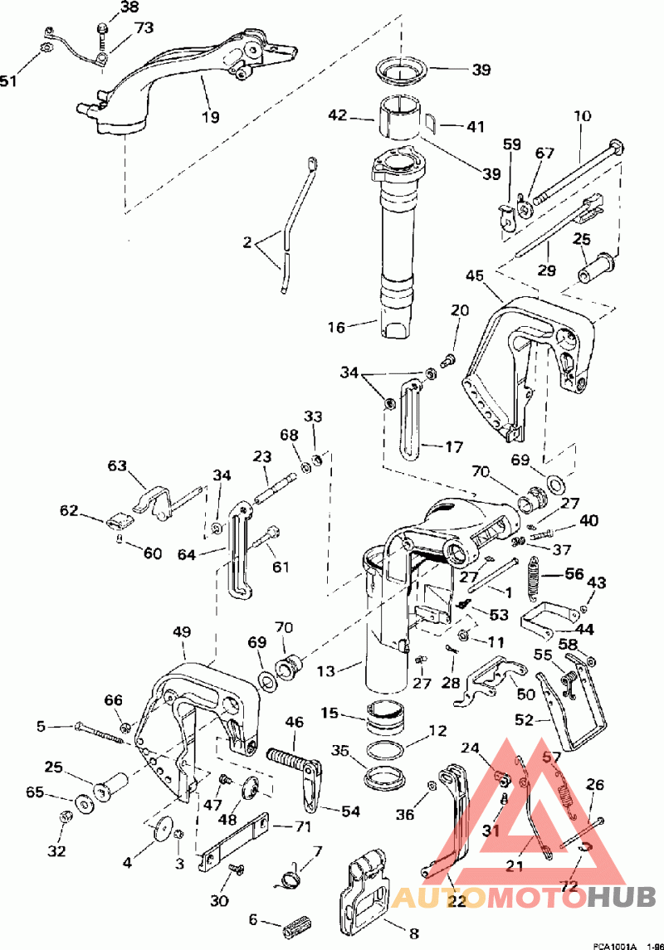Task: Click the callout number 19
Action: [211, 117]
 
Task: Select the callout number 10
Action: [581, 117]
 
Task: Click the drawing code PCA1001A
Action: [614, 945]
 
